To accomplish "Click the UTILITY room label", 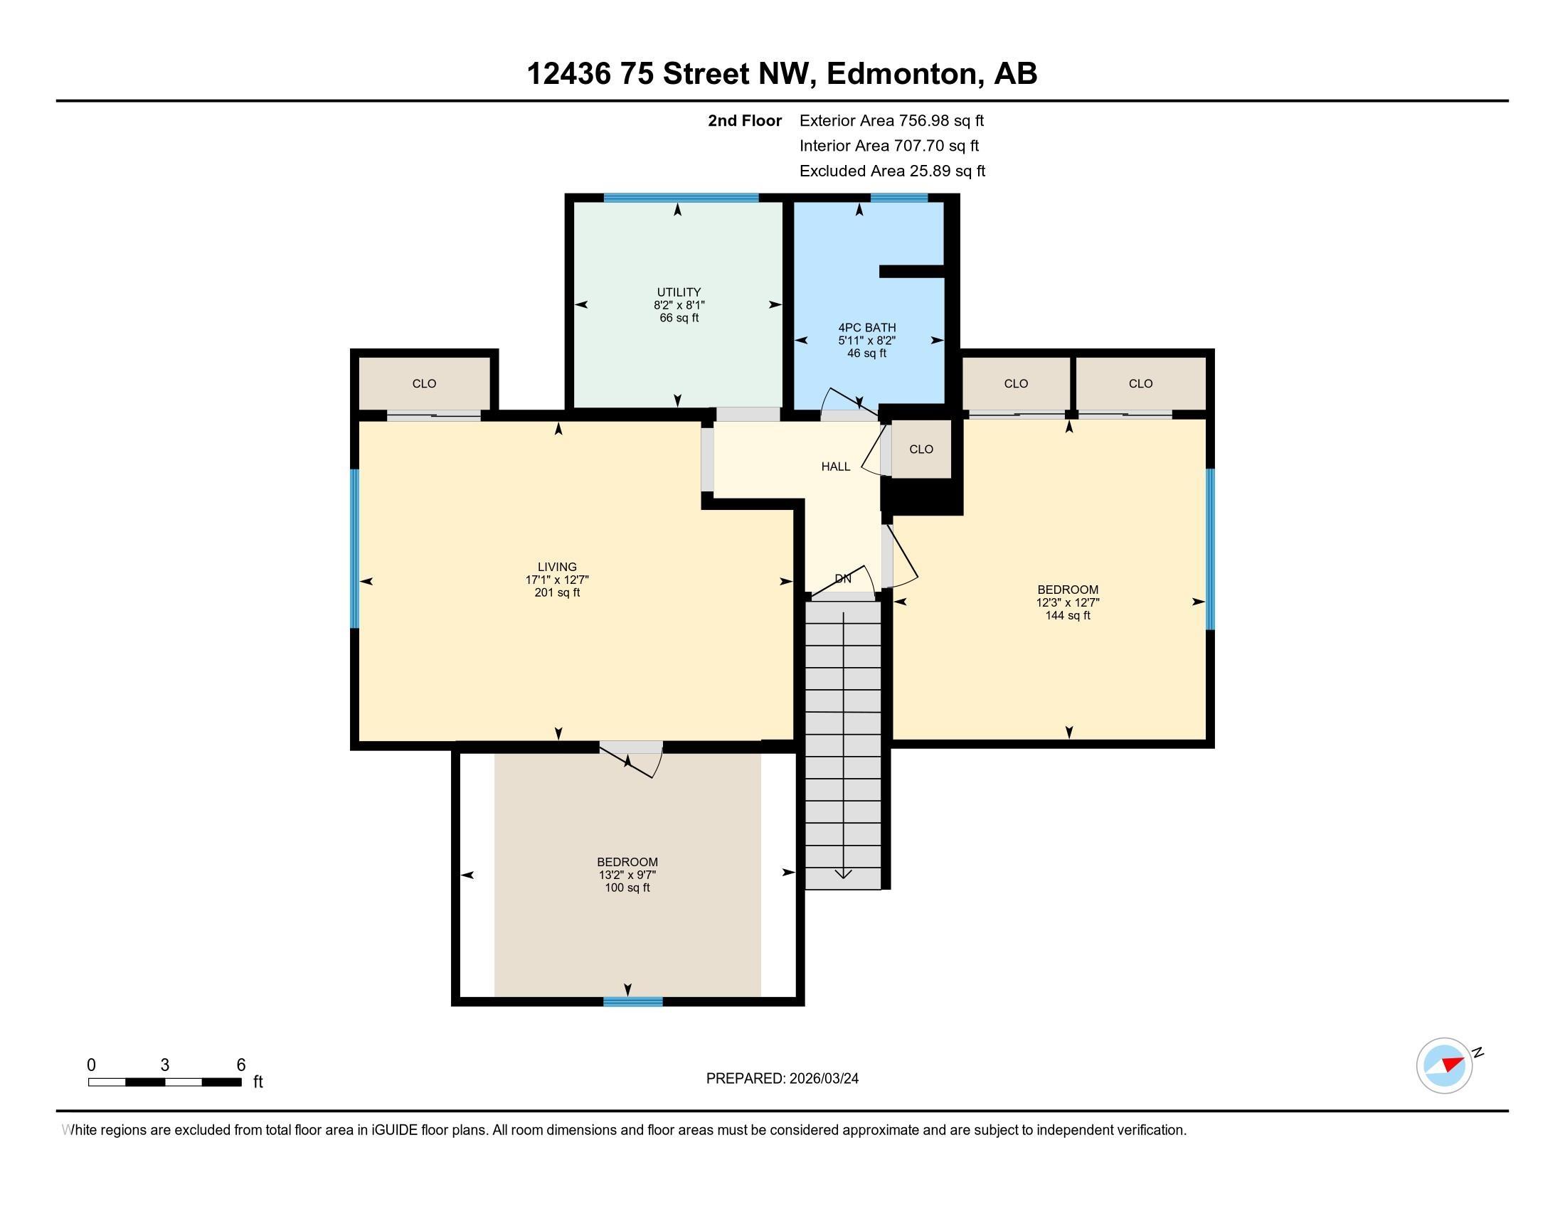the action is (x=679, y=292).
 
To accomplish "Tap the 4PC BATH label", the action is (x=867, y=328).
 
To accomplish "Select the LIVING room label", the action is (x=557, y=568).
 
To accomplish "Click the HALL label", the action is (x=836, y=467).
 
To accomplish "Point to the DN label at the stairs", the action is (x=843, y=579).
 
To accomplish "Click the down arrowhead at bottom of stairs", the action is (x=844, y=873).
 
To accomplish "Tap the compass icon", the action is (x=1445, y=1066).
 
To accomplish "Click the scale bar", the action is (x=165, y=1082).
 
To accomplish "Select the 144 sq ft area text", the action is (x=1068, y=615).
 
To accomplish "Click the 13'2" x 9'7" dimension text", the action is (x=627, y=875).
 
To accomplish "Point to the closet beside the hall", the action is (x=921, y=449).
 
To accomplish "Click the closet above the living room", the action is (x=424, y=383).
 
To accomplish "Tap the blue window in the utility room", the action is (x=681, y=198).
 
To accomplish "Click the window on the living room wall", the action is (x=354, y=548).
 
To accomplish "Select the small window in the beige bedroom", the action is (x=632, y=1001).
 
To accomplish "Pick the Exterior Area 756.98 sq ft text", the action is (x=891, y=120).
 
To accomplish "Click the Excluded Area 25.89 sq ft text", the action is (x=892, y=171).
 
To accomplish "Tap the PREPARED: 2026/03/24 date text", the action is (x=782, y=1078).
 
